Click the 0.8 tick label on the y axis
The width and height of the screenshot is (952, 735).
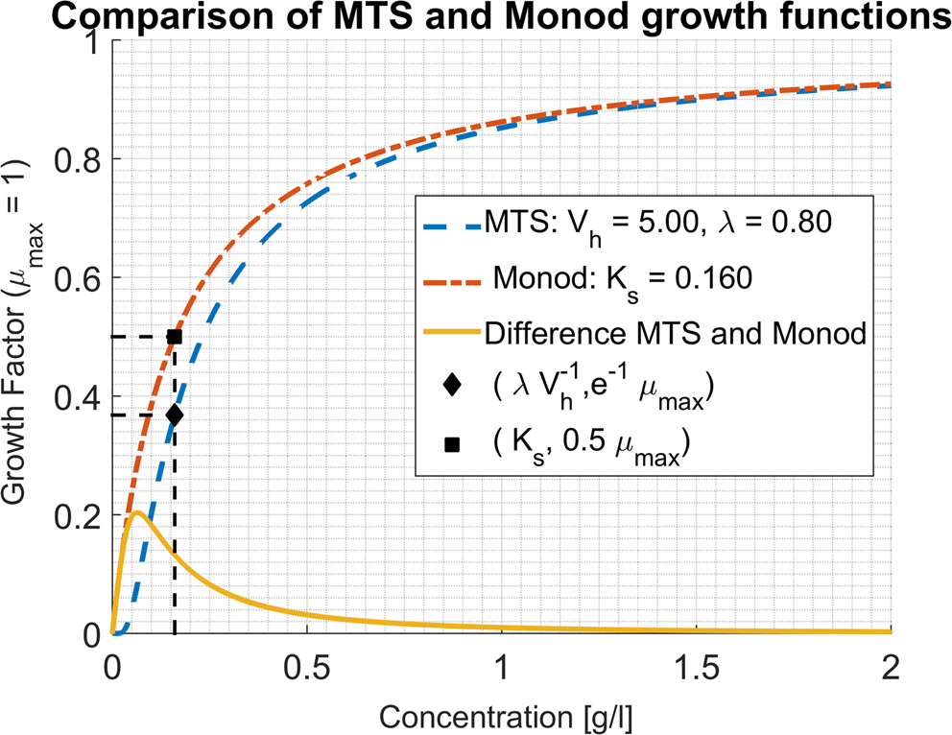(x=77, y=159)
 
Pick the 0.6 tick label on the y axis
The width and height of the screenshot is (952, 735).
(x=77, y=278)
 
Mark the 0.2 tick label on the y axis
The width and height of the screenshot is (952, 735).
(x=77, y=515)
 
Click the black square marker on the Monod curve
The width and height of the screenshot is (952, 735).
(x=175, y=337)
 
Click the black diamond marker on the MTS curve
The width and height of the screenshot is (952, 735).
(x=175, y=415)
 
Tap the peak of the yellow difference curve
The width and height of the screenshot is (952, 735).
(x=138, y=512)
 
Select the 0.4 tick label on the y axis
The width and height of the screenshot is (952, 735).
(x=77, y=396)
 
